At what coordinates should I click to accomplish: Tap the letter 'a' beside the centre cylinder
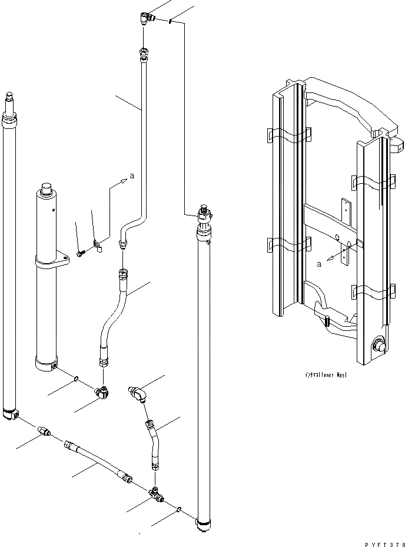pos(132,175)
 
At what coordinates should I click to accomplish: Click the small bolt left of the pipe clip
pos(81,253)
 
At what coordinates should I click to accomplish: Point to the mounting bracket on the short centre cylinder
pos(61,260)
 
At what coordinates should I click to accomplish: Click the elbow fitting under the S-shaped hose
pos(102,390)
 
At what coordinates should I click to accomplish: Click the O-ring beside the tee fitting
pos(179,507)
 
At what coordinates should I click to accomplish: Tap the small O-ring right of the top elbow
pos(170,22)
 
